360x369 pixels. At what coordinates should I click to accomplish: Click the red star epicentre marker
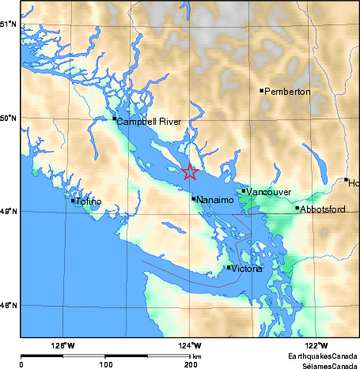[190, 171]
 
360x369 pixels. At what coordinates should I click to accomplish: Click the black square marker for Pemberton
[262, 90]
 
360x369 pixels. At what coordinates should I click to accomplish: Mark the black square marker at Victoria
[229, 267]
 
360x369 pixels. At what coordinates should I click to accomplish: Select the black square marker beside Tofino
[73, 200]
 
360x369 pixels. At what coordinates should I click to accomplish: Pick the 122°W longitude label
[317, 345]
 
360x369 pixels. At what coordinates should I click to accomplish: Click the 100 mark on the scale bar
[104, 364]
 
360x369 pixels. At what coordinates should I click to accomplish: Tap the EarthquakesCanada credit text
[323, 357]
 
